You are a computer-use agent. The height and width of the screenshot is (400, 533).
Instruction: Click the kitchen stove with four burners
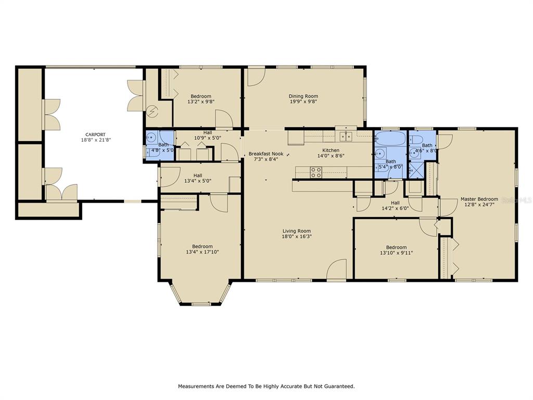click(x=316, y=172)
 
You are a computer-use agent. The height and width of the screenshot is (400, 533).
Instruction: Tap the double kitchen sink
click(x=346, y=136)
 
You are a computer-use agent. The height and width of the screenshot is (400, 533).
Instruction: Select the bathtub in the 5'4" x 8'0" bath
click(x=391, y=139)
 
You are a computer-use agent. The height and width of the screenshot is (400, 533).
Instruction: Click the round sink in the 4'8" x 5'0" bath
click(x=150, y=138)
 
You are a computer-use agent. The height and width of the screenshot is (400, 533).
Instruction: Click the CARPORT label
click(x=96, y=134)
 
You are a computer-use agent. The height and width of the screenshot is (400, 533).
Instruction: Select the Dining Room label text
click(x=303, y=96)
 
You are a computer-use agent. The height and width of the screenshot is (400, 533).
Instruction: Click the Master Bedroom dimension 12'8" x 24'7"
click(x=479, y=204)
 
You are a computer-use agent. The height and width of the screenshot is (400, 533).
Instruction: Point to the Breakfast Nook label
click(x=266, y=154)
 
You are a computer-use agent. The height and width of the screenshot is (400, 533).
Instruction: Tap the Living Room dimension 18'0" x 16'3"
click(x=297, y=236)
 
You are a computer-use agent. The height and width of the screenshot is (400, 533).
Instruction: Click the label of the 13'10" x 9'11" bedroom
click(x=396, y=247)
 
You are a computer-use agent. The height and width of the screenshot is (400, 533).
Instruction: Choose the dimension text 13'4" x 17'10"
click(x=202, y=252)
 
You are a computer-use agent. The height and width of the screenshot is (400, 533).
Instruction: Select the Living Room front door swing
click(x=337, y=269)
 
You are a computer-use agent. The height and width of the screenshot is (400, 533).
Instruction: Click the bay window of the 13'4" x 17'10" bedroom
click(x=200, y=294)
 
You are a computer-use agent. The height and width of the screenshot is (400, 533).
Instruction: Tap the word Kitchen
click(x=331, y=151)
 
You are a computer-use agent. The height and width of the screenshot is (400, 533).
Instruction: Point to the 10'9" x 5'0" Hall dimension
click(x=208, y=138)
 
